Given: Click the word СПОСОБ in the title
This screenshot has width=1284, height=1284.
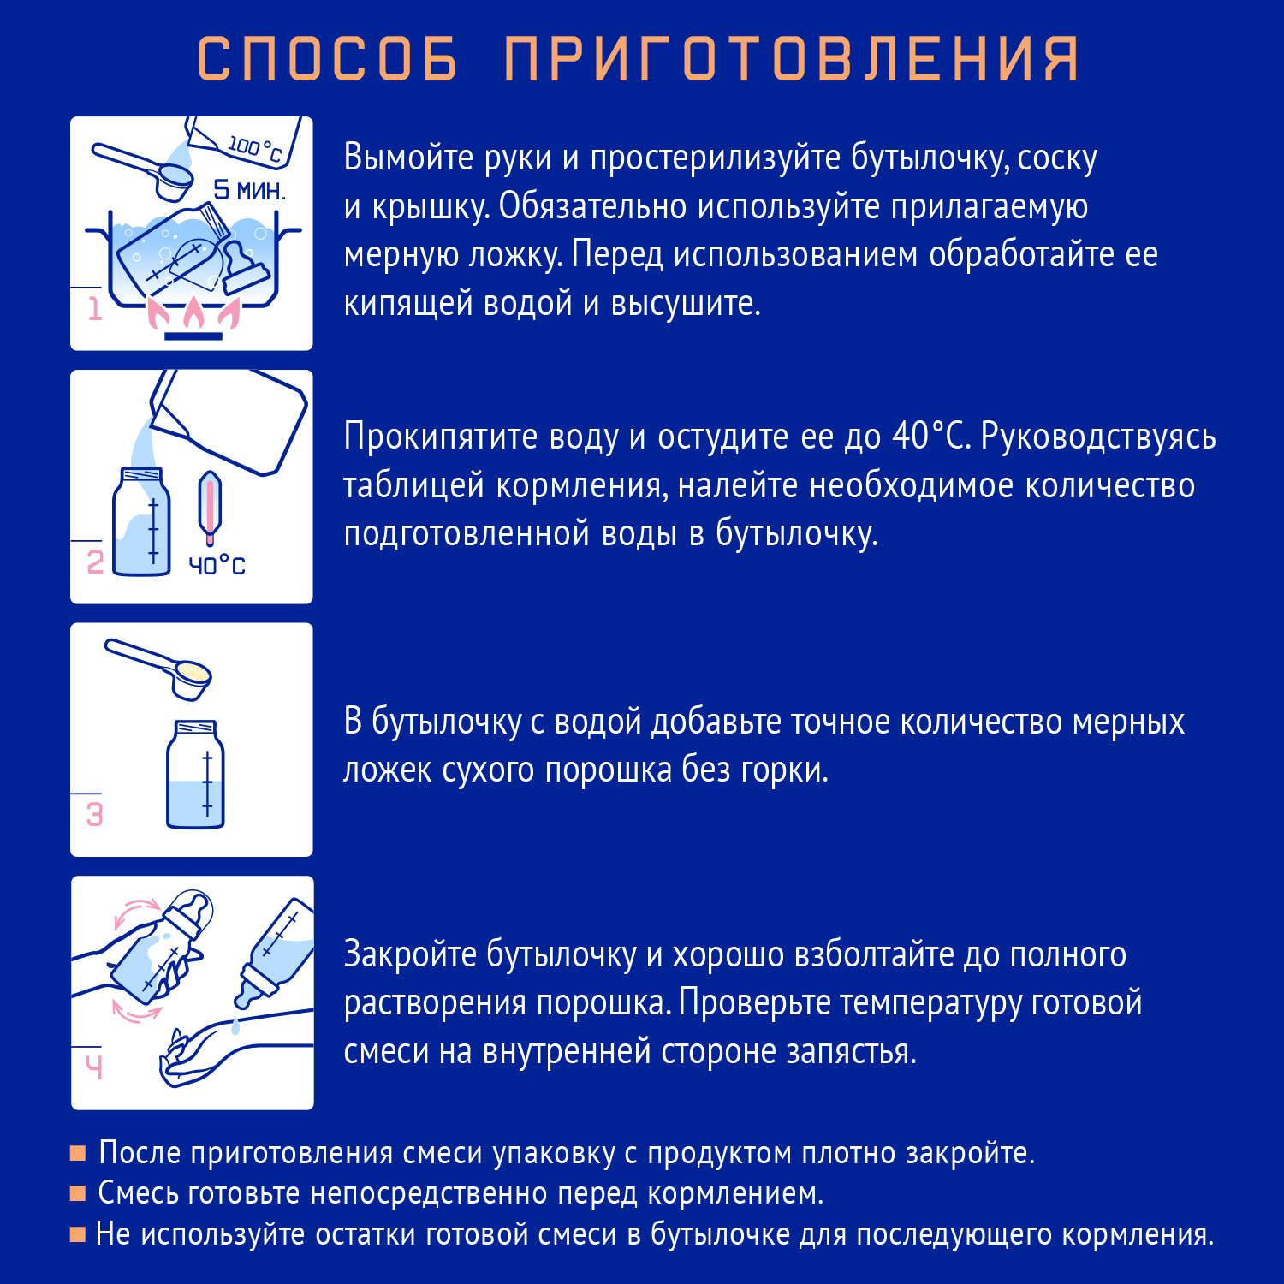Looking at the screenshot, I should click(327, 59).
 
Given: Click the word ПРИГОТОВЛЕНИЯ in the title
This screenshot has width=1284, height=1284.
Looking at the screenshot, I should click(792, 59).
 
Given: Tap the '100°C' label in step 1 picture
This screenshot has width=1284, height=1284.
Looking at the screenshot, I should click(254, 148).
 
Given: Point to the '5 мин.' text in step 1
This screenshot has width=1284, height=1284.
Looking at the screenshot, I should click(249, 190).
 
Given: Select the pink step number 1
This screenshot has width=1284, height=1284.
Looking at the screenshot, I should click(95, 308).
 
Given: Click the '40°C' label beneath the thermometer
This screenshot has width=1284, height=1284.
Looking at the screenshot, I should click(217, 566).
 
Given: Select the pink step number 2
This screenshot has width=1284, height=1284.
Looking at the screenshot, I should click(95, 562).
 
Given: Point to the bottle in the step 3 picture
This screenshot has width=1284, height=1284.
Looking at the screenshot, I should click(195, 775).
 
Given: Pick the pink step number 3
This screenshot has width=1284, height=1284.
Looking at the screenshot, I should click(95, 814).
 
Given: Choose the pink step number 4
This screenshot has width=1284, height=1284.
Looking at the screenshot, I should click(94, 1067).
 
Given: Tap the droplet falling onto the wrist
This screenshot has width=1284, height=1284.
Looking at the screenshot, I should click(235, 1026).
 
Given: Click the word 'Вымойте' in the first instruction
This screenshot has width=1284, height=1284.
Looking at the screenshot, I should click(408, 158).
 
